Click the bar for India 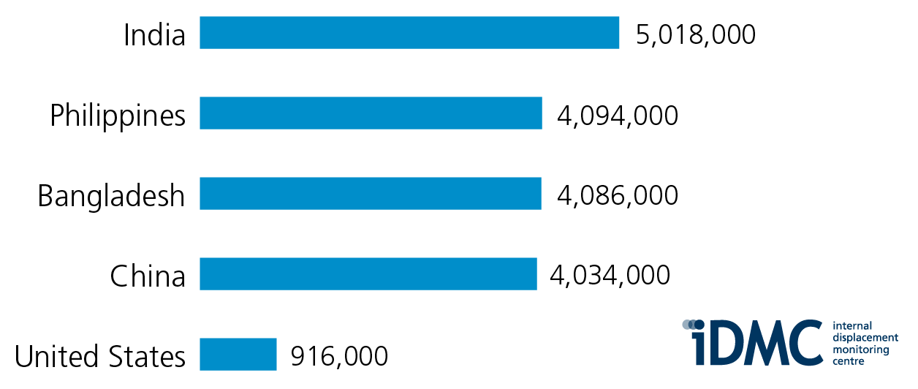click(x=409, y=33)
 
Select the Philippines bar click(x=371, y=113)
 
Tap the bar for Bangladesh click(x=371, y=194)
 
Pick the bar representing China click(x=368, y=274)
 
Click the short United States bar click(x=238, y=355)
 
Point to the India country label click(x=154, y=34)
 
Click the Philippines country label click(x=118, y=116)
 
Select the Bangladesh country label click(x=111, y=196)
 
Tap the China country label click(x=148, y=276)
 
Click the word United click(x=57, y=357)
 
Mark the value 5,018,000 click(x=695, y=34)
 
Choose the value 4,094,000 click(x=618, y=115)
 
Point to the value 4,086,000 click(x=618, y=195)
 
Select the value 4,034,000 click(x=610, y=276)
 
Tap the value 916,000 click(x=339, y=357)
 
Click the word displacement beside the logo click(x=865, y=338)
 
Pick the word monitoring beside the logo click(x=860, y=350)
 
